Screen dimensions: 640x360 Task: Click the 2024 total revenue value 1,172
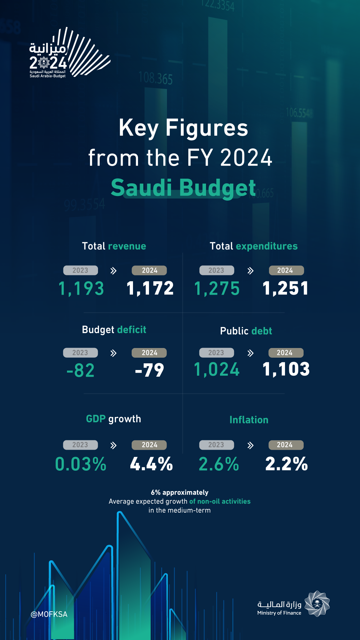tap(150, 288)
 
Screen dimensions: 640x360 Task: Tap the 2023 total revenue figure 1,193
tap(81, 288)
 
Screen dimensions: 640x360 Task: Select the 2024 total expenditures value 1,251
tap(286, 288)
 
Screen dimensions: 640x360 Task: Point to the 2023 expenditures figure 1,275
tap(217, 288)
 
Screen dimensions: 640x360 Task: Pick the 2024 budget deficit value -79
tap(150, 370)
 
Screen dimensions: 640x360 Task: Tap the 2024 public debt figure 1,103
tap(286, 369)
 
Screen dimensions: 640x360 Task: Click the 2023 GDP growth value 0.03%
tap(81, 464)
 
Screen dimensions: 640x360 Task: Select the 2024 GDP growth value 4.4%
tap(151, 464)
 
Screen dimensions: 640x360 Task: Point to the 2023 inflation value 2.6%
tap(219, 464)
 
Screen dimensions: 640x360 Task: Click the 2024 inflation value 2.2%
tap(286, 464)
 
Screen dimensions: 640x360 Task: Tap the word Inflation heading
tap(249, 420)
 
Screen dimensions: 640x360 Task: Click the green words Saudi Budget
tap(183, 188)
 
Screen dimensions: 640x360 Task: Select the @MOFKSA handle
tap(49, 614)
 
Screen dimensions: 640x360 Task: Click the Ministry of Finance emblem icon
tap(317, 604)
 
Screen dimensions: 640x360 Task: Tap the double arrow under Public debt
tap(250, 353)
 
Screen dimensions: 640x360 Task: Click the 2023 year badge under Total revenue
tap(80, 270)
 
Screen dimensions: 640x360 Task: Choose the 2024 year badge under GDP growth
tap(149, 445)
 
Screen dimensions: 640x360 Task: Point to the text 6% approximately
tap(180, 492)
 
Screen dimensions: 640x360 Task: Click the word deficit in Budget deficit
tap(132, 330)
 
